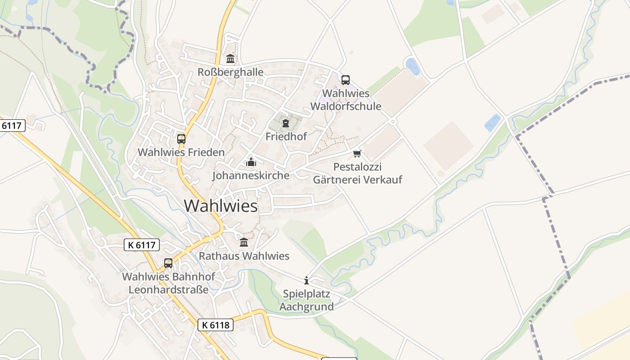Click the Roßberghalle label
pyautogui.click(x=230, y=72)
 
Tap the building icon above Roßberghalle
pyautogui.click(x=230, y=58)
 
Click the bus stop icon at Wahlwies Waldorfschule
pyautogui.click(x=346, y=80)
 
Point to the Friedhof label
pyautogui.click(x=286, y=136)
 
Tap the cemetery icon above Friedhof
pyautogui.click(x=286, y=123)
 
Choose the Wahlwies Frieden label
pyautogui.click(x=181, y=152)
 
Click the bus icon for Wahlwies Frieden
pyautogui.click(x=181, y=139)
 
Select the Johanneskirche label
pyautogui.click(x=251, y=175)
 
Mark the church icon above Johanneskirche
pyautogui.click(x=251, y=162)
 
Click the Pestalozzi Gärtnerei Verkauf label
pyautogui.click(x=357, y=173)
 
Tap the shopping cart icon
pyautogui.click(x=357, y=154)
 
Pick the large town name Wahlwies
pyautogui.click(x=221, y=206)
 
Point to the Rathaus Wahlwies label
pyautogui.click(x=244, y=256)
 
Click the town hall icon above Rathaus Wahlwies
pyautogui.click(x=244, y=243)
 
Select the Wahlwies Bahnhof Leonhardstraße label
pyautogui.click(x=169, y=283)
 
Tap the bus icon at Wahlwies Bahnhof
pyautogui.click(x=168, y=263)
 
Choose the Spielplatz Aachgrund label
pyautogui.click(x=306, y=300)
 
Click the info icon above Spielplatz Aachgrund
pyautogui.click(x=306, y=281)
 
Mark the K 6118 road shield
pyautogui.click(x=216, y=324)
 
